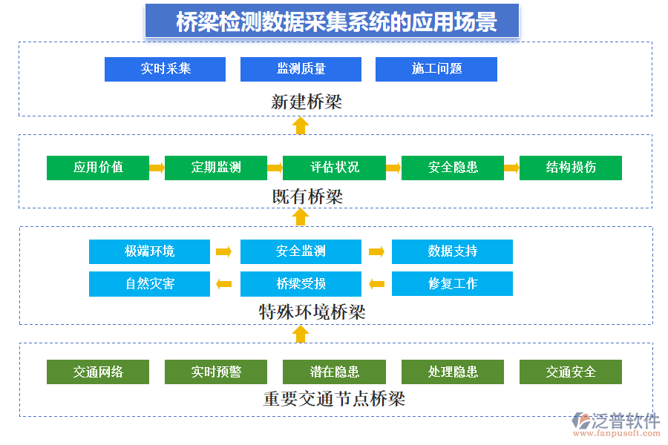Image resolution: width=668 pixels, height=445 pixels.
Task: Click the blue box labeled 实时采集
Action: click(165, 69)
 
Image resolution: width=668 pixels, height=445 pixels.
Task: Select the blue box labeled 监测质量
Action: click(301, 69)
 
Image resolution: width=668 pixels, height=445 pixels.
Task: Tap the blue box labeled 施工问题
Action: click(436, 69)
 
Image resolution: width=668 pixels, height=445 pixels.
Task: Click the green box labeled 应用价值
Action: click(98, 168)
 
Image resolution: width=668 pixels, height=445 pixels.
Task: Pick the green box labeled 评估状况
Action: click(334, 168)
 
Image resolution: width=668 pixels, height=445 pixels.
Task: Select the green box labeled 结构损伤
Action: click(570, 168)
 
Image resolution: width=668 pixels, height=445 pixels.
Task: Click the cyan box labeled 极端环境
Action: click(149, 251)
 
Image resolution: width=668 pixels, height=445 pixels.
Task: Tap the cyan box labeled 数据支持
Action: click(452, 251)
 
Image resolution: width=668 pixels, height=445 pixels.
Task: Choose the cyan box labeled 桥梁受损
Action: click(301, 283)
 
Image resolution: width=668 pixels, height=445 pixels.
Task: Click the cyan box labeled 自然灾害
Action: click(149, 283)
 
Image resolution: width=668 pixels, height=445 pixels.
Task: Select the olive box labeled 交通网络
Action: click(98, 372)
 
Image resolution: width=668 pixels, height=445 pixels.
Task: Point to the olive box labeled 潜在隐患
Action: click(334, 372)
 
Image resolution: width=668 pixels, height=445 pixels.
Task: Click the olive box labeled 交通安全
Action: click(570, 372)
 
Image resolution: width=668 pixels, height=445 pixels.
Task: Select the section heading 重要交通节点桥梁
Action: click(334, 399)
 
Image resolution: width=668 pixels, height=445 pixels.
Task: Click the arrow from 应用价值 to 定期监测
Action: click(157, 168)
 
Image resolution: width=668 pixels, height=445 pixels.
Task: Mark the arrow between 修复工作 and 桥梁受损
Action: click(376, 283)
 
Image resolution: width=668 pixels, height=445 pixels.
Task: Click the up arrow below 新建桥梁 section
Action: click(300, 125)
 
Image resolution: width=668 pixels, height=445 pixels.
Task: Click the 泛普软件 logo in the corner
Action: click(615, 425)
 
